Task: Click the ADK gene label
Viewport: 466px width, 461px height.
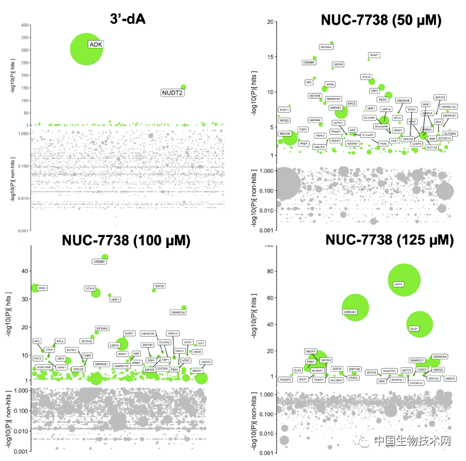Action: coord(95,44)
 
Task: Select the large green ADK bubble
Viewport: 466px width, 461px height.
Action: coord(86,49)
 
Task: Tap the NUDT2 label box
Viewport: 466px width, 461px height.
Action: coord(173,93)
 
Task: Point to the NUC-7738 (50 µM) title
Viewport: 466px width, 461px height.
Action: coord(381,20)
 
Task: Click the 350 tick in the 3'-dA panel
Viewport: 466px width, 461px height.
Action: coord(25,39)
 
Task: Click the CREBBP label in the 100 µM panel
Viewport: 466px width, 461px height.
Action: coord(99,262)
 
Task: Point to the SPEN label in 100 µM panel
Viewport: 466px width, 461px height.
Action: coord(42,287)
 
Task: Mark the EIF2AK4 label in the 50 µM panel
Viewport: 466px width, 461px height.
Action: coord(326,47)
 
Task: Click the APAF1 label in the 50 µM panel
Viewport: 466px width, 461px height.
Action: coord(373,55)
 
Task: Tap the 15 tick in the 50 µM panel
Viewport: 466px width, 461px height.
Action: coord(269,57)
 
